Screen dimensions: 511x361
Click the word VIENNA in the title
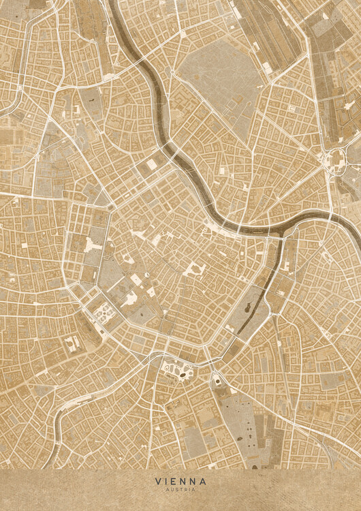pos(180,481)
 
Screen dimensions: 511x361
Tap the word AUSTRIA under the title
pos(180,489)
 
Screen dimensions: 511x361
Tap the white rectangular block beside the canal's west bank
pos(151,164)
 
